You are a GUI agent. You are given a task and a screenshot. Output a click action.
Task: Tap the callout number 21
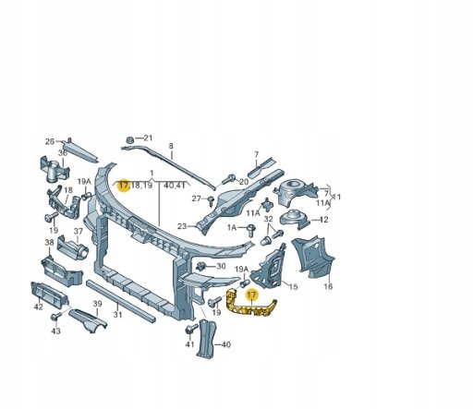click(x=148, y=138)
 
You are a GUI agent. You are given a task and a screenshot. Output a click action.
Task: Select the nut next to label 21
click(x=130, y=139)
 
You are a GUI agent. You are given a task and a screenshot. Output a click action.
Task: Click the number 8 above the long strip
click(x=171, y=146)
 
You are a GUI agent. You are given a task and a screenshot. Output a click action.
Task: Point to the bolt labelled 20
click(x=228, y=179)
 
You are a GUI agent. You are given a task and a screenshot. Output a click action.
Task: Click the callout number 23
click(x=182, y=226)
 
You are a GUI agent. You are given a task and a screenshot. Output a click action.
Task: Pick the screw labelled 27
click(x=212, y=200)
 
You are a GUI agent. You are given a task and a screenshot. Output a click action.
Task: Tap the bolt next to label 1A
click(x=251, y=230)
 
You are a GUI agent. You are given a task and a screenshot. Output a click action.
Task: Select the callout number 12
click(x=324, y=220)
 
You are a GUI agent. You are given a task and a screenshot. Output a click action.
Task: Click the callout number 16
click(x=328, y=286)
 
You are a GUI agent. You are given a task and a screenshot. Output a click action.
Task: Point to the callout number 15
click(x=294, y=287)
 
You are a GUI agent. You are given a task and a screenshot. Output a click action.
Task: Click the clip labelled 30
click(x=201, y=266)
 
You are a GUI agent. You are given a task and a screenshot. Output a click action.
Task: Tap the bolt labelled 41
click(x=191, y=330)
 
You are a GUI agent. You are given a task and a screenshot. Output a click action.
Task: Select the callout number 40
click(x=225, y=344)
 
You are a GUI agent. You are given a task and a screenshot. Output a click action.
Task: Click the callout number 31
click(x=117, y=315)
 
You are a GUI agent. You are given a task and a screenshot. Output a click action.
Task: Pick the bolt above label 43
click(x=56, y=316)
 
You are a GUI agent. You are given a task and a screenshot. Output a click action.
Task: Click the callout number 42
click(x=38, y=307)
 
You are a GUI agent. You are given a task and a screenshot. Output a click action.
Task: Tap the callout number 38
click(x=49, y=243)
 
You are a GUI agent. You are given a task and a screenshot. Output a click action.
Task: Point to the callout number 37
click(x=79, y=231)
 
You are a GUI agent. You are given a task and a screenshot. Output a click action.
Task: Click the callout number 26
click(x=50, y=141)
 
